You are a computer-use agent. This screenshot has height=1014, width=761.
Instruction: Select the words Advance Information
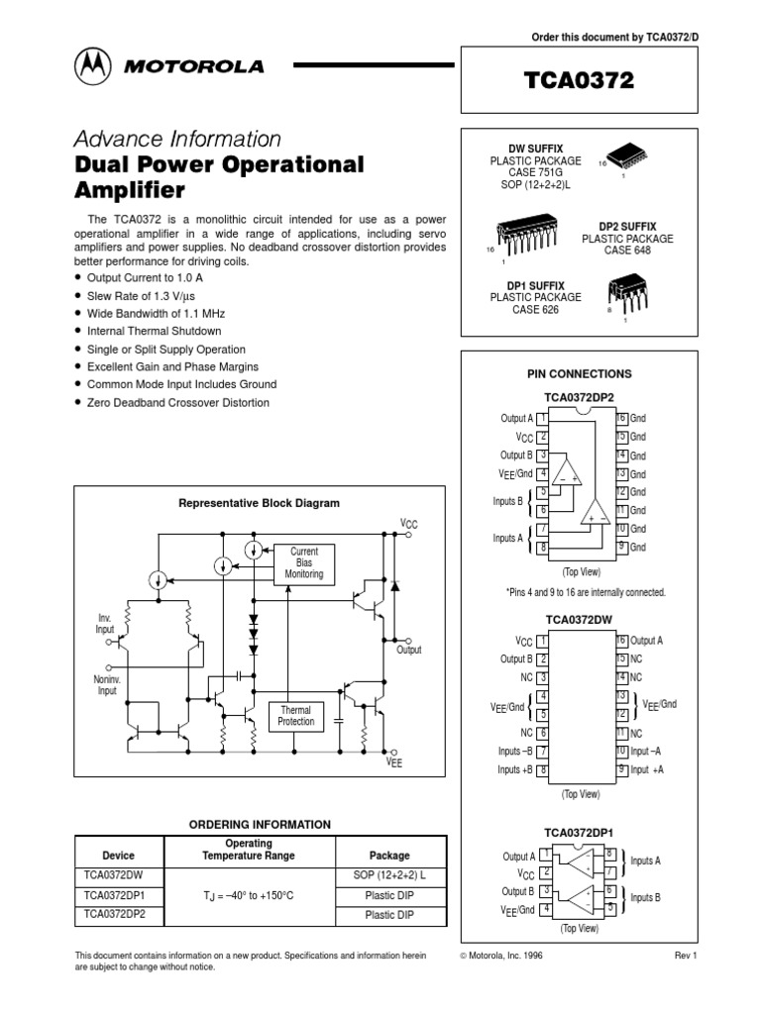(x=178, y=139)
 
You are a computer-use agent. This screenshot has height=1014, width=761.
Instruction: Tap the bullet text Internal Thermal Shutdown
(x=154, y=331)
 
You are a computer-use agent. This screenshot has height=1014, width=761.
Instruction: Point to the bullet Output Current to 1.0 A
(x=145, y=278)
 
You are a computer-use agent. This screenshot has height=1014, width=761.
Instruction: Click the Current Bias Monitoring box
(x=304, y=561)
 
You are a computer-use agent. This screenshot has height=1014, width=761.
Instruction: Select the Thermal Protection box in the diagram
(x=296, y=716)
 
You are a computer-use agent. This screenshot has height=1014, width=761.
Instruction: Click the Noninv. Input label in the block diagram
(x=106, y=685)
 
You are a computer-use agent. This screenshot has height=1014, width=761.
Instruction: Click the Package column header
(x=389, y=856)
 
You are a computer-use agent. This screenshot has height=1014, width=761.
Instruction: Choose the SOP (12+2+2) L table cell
(x=389, y=875)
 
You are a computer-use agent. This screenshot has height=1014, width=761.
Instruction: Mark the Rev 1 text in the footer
(x=687, y=956)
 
